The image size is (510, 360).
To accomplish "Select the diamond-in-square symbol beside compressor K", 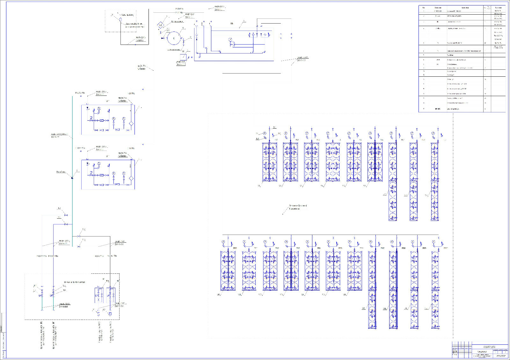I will click(161, 25).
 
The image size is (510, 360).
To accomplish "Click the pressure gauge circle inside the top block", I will click(230, 39).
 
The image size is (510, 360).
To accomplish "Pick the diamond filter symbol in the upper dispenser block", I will click(131, 124).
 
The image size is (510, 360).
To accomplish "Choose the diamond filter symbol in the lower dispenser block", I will click(131, 178).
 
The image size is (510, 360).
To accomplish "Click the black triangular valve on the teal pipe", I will click(72, 178).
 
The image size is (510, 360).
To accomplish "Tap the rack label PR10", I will click(235, 248).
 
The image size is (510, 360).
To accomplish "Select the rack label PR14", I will click(361, 248).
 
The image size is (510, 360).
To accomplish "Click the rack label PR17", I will click(382, 248).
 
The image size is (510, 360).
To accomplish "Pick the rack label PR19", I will click(424, 248).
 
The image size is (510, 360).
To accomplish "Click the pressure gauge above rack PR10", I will click(223, 242).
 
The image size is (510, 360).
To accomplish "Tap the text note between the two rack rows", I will click(298, 207).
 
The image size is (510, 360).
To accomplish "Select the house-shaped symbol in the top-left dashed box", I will click(120, 19).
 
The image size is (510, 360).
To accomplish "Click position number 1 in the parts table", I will click(424, 11).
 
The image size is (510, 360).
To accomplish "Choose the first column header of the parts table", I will click(424, 7).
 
